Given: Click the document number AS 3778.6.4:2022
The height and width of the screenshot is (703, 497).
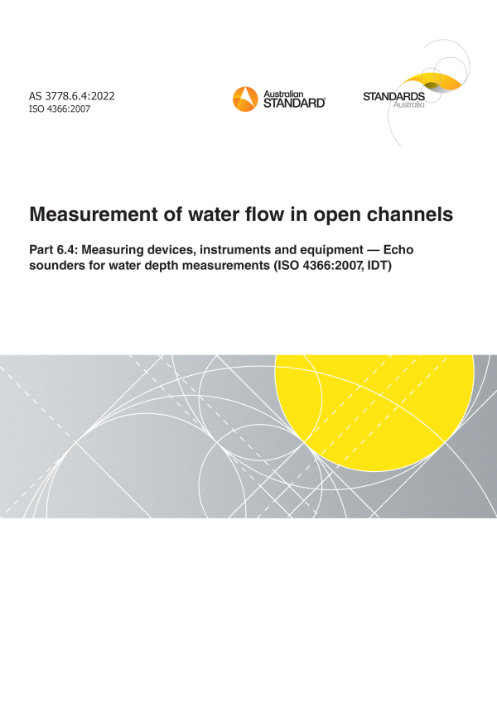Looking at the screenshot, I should point(72,96).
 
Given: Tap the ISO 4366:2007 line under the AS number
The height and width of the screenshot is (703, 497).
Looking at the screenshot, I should point(60,109).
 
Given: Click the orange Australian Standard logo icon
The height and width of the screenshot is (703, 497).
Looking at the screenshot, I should point(245,99).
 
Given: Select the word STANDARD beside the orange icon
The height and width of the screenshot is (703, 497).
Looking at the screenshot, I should point(294,104).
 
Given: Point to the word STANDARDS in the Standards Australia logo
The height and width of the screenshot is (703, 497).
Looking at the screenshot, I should point(393,97).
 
